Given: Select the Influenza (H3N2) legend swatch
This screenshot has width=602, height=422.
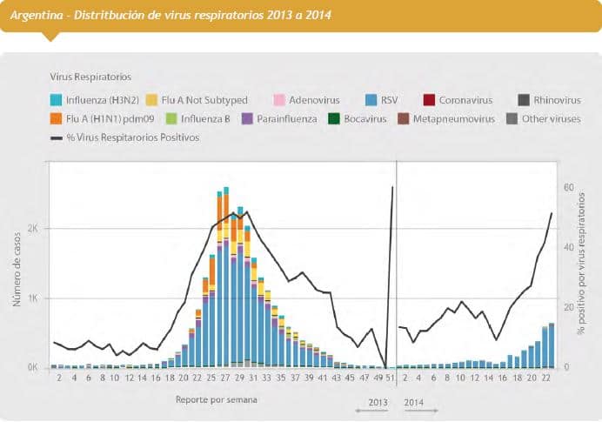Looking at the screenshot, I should click(57, 100).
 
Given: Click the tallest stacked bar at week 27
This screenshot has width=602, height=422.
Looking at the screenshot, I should click(226, 278).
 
